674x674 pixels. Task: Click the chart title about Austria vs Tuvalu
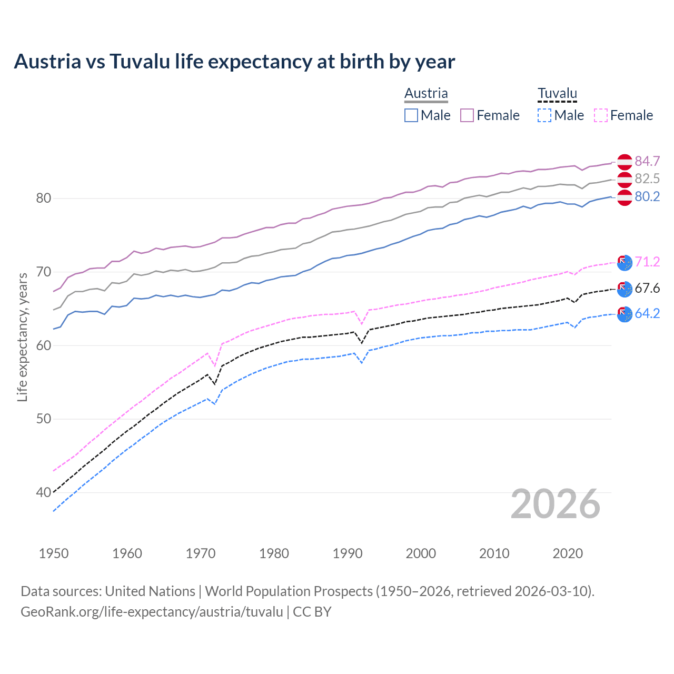234,62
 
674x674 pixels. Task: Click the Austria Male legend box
411,115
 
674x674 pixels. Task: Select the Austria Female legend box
467,115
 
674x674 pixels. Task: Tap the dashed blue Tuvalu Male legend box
544,115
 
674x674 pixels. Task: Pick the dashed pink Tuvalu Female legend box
600,115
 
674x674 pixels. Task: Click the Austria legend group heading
426,93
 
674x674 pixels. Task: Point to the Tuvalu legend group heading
557,93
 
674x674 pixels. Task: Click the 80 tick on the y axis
43,199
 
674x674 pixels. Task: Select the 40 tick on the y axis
43,493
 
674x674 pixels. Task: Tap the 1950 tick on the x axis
54,553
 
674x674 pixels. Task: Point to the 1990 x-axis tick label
348,553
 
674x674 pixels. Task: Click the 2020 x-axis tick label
568,553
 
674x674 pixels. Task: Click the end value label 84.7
647,161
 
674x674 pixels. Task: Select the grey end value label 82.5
647,179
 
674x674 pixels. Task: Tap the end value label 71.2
647,262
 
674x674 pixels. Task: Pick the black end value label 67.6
647,288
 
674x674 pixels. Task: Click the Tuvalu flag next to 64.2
625,314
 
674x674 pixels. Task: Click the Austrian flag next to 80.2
625,197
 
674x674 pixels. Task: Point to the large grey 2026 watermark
555,504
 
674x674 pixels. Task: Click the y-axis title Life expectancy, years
23,337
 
